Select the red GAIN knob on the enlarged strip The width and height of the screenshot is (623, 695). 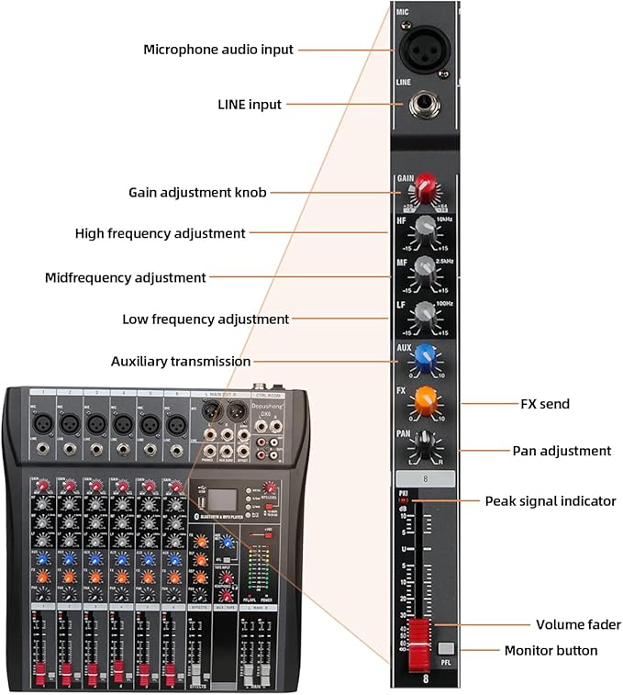pyautogui.click(x=425, y=190)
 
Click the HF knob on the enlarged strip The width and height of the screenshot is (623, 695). pyautogui.click(x=424, y=230)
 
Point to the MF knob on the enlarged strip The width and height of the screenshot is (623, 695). pyautogui.click(x=424, y=270)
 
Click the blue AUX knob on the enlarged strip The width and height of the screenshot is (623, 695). pyautogui.click(x=425, y=356)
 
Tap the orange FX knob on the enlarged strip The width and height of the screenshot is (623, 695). pyautogui.click(x=425, y=401)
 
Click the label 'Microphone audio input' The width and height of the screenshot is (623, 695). pyautogui.click(x=218, y=50)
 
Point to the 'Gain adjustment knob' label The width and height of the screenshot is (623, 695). pyautogui.click(x=197, y=192)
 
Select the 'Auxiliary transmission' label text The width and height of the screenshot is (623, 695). pyautogui.click(x=180, y=362)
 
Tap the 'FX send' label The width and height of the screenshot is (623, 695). pyautogui.click(x=545, y=403)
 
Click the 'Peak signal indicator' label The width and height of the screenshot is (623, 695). pyautogui.click(x=551, y=501)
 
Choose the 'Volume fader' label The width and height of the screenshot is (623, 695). pyautogui.click(x=578, y=624)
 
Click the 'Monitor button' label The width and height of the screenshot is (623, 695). pyautogui.click(x=551, y=651)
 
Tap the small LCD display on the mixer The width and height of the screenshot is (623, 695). pyautogui.click(x=218, y=500)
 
